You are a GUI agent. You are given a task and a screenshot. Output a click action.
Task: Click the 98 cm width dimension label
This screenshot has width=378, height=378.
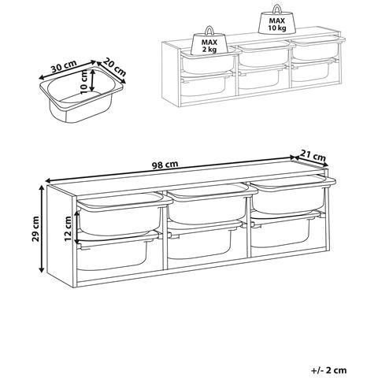click(x=165, y=165)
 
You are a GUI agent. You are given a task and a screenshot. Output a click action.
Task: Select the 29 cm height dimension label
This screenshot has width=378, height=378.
click(x=35, y=228)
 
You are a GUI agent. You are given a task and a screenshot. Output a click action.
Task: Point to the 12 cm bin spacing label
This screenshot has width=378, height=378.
click(x=68, y=228)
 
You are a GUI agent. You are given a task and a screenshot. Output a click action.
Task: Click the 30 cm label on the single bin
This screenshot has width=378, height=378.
click(x=64, y=66)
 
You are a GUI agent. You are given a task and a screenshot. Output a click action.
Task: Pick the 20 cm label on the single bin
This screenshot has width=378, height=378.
click(x=114, y=67)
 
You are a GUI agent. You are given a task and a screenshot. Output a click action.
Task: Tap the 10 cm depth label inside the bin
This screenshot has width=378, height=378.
click(x=83, y=82)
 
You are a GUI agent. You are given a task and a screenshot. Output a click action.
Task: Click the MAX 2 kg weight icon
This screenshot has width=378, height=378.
click(x=209, y=41)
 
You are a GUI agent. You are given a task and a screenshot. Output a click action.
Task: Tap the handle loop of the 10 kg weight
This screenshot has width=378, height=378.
click(x=277, y=9)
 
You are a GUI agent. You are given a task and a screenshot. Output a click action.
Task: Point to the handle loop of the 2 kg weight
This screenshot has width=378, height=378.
click(x=209, y=31)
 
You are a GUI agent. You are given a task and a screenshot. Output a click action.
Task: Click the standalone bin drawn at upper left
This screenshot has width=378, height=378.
click(x=81, y=94)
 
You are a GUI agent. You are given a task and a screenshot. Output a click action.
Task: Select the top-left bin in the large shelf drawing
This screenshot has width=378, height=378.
click(x=124, y=214)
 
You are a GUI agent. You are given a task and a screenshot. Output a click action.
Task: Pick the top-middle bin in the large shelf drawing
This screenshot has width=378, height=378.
click(x=210, y=203)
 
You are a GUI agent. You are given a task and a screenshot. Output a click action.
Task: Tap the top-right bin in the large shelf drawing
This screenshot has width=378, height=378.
click(x=292, y=194)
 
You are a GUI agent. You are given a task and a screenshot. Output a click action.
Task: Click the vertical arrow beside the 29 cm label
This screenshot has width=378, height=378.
click(x=42, y=228)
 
